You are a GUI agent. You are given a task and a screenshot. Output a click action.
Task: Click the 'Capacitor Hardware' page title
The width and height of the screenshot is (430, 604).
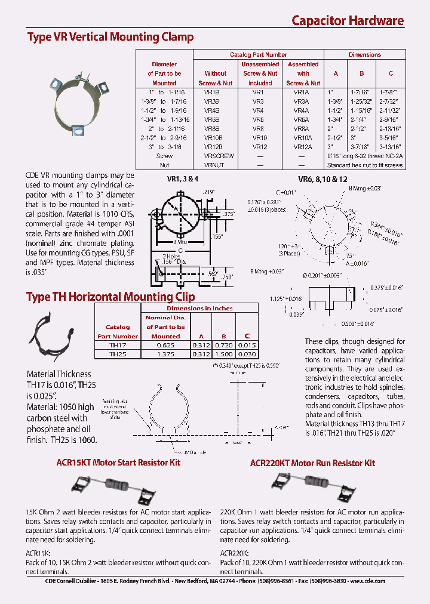(348, 20)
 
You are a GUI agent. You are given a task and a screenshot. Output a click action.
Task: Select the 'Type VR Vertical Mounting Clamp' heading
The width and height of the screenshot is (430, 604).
(110, 37)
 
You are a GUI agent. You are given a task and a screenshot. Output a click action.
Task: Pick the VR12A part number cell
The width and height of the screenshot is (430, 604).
(303, 146)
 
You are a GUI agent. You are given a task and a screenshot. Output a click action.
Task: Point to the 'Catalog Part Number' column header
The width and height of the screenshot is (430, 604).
(259, 54)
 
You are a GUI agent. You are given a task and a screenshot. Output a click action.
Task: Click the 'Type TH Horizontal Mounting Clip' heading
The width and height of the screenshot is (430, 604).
(110, 297)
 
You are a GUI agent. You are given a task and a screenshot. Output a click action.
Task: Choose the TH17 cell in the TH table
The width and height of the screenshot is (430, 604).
(118, 345)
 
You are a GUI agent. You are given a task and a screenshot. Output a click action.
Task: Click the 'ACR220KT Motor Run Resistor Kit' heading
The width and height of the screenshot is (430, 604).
(312, 463)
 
